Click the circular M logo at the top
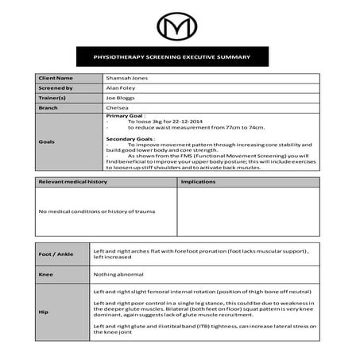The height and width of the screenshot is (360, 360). pyautogui.click(x=179, y=27)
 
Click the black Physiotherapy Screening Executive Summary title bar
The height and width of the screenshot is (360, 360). pyautogui.click(x=179, y=57)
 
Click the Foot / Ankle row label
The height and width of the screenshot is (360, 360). pyautogui.click(x=56, y=254)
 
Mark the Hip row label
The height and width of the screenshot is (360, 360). pyautogui.click(x=44, y=312)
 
